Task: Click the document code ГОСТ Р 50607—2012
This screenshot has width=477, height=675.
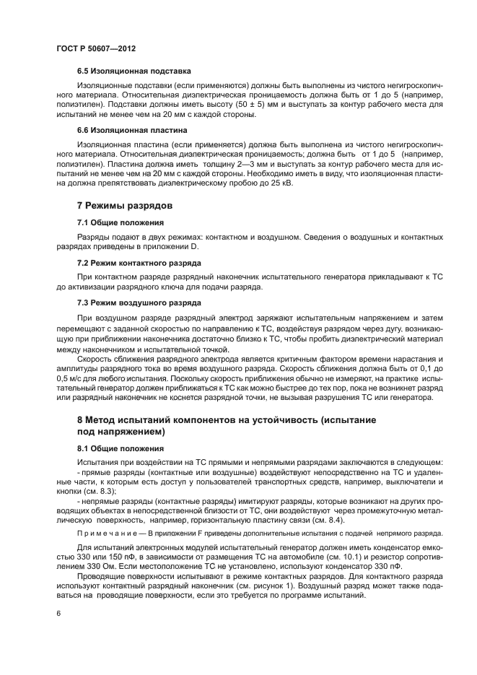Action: (x=96, y=48)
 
